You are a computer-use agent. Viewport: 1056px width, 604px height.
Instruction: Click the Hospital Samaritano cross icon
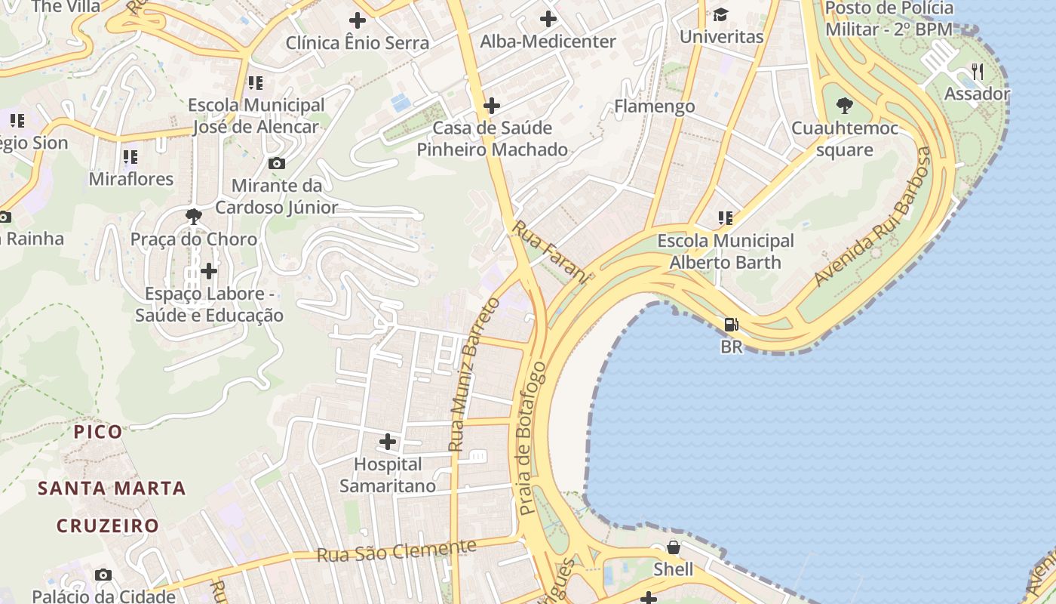tap(388, 441)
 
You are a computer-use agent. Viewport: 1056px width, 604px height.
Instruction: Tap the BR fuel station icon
tap(731, 325)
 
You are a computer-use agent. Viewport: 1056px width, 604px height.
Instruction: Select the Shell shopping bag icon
tap(674, 547)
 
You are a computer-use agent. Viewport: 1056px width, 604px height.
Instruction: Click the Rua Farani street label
tap(550, 252)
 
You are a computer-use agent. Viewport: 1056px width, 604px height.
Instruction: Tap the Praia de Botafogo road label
tap(532, 438)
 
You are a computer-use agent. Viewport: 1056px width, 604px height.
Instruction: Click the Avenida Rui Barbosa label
tap(873, 217)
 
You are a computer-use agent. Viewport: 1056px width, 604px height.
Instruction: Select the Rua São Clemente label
tap(397, 551)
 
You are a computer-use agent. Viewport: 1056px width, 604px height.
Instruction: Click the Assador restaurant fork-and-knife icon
tap(978, 72)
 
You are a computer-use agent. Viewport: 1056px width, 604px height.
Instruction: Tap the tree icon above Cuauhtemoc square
tap(845, 106)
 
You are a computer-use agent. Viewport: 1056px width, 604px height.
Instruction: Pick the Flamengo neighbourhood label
tap(654, 106)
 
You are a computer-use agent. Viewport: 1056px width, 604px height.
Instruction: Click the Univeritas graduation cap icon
tap(721, 14)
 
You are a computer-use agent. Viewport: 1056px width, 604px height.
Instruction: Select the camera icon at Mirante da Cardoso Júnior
tap(277, 163)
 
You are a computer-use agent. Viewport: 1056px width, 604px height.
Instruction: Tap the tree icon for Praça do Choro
tap(194, 217)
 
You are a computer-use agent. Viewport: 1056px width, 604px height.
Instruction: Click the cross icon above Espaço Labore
tap(209, 270)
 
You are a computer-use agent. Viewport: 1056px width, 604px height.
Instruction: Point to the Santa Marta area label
tap(112, 488)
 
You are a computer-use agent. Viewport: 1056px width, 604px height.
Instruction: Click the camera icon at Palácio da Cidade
tap(103, 575)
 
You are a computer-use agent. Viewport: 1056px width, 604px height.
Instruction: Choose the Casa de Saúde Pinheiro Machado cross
tap(492, 106)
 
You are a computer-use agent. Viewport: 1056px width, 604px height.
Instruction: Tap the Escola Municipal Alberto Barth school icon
tap(726, 218)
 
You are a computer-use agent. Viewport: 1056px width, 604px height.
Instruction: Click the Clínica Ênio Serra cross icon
tap(358, 20)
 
